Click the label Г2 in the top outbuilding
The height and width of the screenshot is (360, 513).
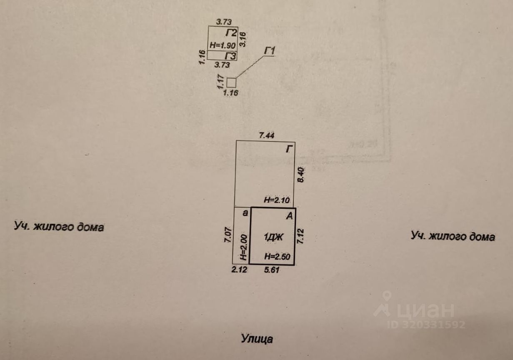231,33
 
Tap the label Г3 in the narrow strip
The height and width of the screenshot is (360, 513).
231,56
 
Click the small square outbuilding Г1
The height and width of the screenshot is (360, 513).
231,82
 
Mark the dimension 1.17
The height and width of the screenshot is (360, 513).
221,81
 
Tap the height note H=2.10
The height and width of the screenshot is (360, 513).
279,200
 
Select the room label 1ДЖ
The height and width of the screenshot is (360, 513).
273,237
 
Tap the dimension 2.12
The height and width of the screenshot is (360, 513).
240,270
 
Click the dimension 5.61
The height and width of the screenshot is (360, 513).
272,270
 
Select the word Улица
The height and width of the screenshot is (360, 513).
257,338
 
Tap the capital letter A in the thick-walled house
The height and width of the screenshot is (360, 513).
290,216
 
